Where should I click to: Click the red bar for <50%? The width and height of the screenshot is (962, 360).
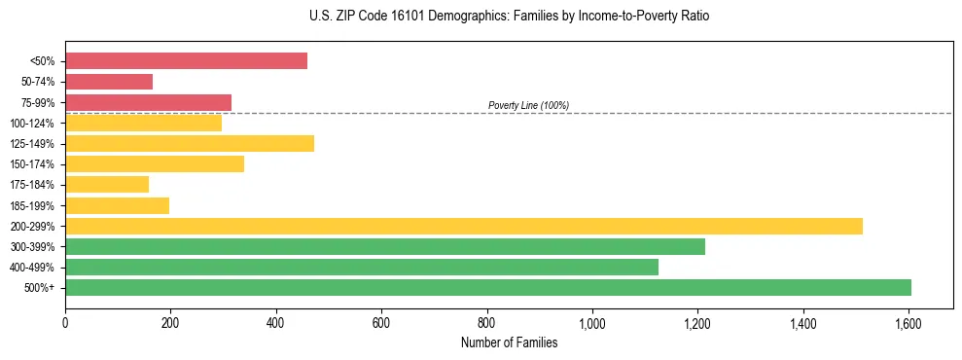186,61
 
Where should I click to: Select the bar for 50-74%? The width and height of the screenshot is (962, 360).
109,82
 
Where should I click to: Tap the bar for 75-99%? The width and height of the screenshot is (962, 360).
148,102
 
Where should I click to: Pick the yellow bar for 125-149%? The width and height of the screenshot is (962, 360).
190,144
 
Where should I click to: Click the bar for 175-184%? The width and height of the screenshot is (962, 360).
107,185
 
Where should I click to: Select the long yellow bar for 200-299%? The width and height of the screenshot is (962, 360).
464,227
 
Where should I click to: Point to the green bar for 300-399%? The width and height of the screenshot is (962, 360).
385,247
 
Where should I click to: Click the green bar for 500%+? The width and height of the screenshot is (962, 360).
488,288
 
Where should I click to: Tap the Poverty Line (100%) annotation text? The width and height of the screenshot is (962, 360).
528,105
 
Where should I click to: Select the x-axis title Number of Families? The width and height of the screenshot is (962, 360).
510,342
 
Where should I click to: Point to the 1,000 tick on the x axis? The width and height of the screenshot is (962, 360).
592,319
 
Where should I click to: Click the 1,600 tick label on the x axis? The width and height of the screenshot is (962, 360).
909,319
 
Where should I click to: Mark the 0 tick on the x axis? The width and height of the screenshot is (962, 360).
65,319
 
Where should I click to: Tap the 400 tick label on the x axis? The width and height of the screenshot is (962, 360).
276,319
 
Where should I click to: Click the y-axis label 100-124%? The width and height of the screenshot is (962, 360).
32,124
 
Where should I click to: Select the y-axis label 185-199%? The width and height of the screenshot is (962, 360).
32,206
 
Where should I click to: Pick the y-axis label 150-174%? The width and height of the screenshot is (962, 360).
32,164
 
